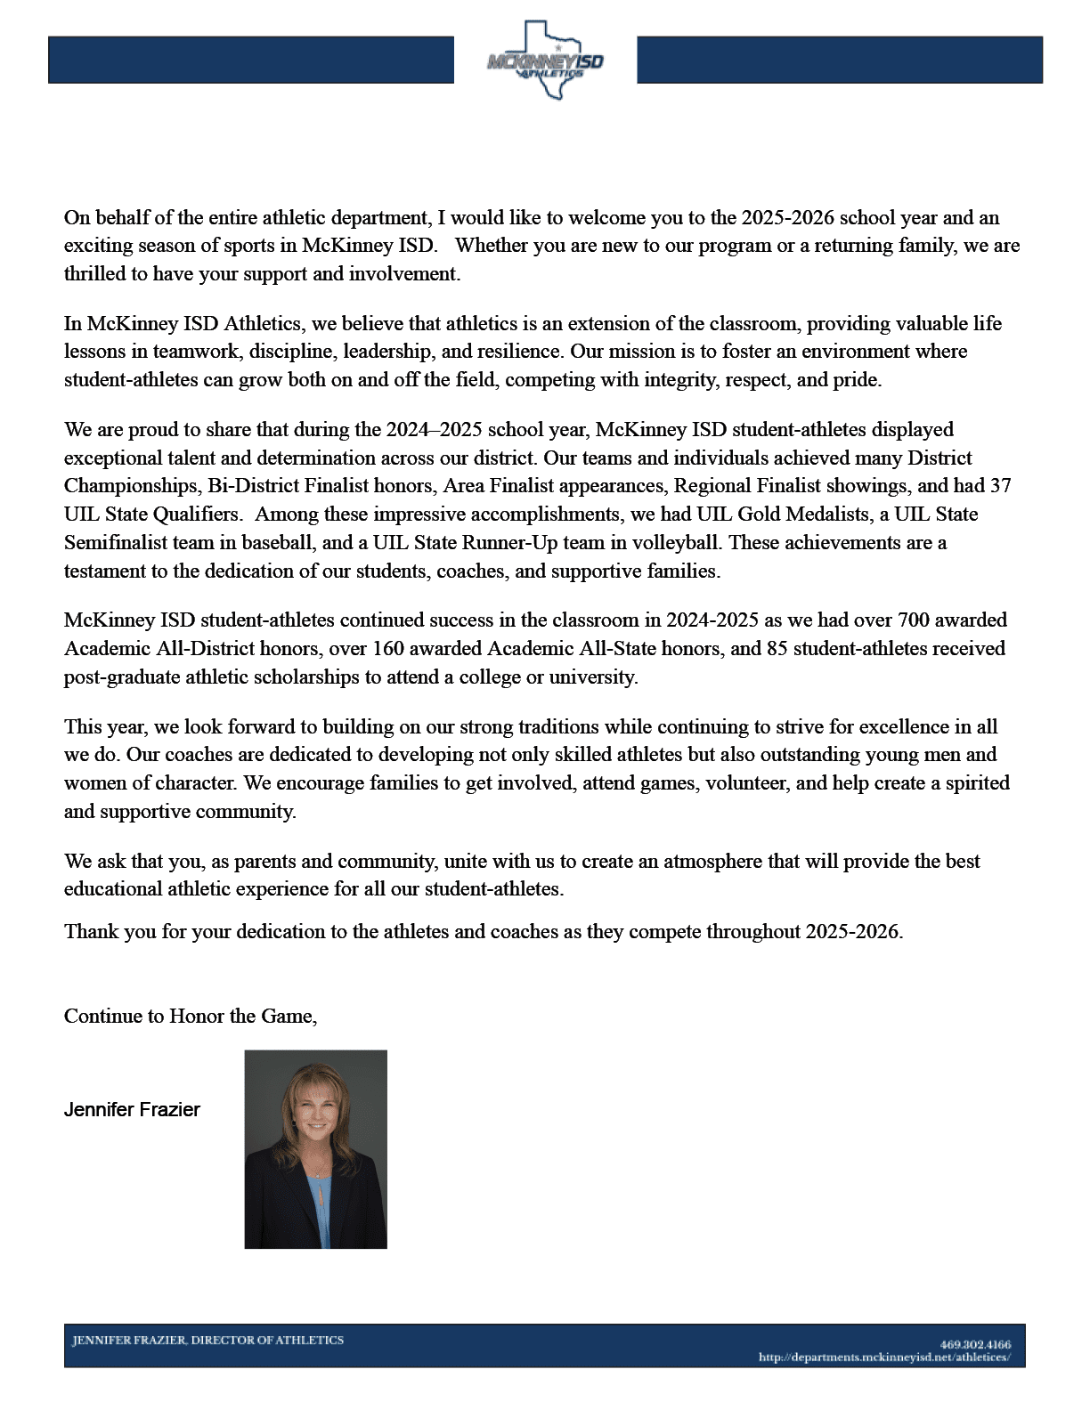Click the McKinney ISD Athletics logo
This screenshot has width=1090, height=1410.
pos(545,61)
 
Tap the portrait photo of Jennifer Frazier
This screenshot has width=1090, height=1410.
pos(315,1148)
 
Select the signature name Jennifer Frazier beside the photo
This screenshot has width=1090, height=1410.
pos(132,1109)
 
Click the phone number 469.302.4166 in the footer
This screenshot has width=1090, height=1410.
pos(975,1344)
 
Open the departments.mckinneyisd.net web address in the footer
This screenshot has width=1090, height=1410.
pos(884,1357)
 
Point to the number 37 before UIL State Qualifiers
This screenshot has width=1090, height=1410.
pos(1000,486)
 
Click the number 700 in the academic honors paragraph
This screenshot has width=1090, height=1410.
pos(913,620)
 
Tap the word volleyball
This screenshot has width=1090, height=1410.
pos(677,542)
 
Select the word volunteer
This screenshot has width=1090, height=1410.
pos(746,782)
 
